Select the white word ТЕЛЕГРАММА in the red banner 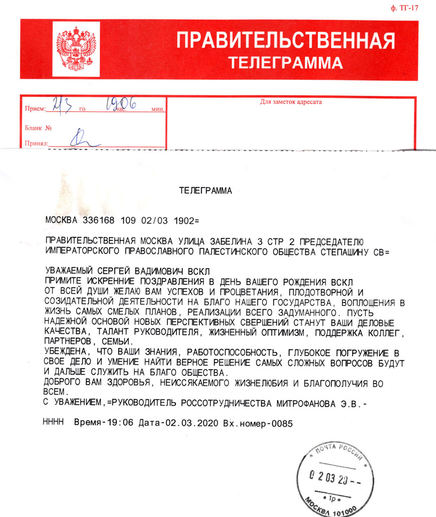(286, 63)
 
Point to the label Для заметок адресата (291, 102)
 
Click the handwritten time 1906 (121, 104)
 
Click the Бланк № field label (39, 128)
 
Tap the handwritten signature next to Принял (80, 139)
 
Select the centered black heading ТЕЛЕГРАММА (205, 191)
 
